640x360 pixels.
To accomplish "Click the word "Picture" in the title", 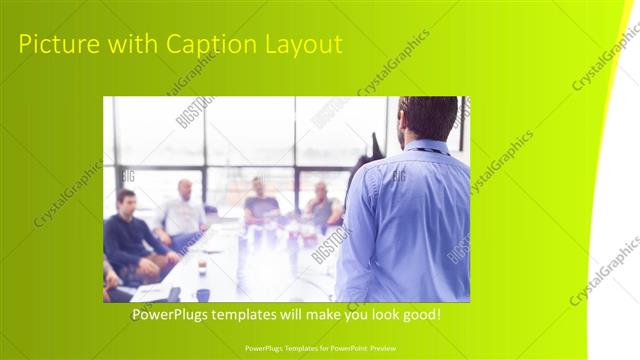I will pyautogui.click(x=55, y=45).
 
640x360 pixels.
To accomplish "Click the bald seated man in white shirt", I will pyautogui.click(x=183, y=212).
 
